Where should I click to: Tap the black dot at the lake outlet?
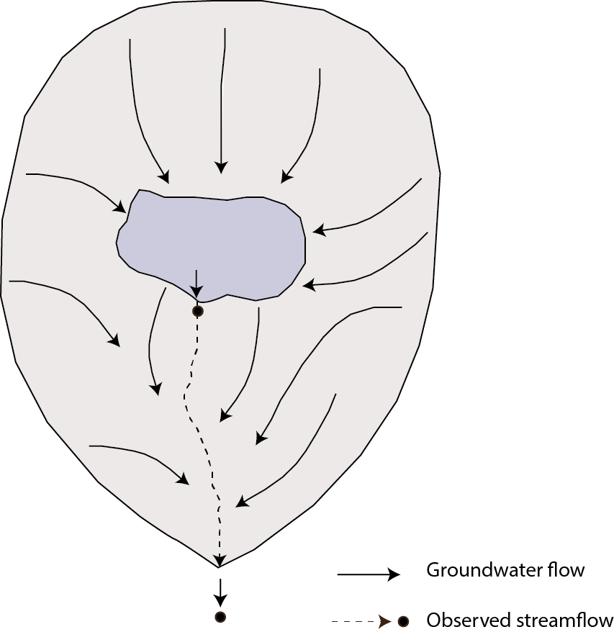197,311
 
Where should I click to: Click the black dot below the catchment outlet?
220,617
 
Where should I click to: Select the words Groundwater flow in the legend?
505,571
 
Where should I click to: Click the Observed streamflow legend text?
519,620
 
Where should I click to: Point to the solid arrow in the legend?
368,574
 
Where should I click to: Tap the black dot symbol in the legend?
403,621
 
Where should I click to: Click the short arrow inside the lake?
197,283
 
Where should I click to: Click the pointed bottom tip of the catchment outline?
219,568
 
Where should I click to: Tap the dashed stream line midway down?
198,432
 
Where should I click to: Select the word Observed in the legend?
460,620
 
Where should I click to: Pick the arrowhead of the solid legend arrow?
394,574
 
